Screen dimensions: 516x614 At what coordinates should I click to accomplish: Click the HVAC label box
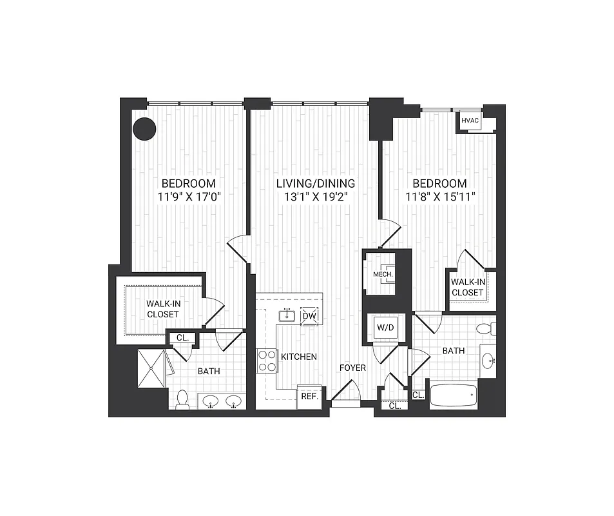pos(468,121)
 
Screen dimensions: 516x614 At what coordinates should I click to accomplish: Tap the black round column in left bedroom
pos(144,128)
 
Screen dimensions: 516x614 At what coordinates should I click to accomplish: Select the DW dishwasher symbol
pos(309,315)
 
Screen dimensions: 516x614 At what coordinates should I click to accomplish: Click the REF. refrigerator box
pos(309,396)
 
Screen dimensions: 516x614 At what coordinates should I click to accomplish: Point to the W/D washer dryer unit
pos(385,328)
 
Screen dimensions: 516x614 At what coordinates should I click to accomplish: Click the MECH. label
pos(383,275)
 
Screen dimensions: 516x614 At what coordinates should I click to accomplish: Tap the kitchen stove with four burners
pos(267,360)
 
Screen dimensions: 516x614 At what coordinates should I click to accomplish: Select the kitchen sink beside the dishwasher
pos(287,315)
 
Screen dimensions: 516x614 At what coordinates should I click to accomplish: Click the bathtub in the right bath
pos(452,395)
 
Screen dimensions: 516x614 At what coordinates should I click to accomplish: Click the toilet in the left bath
pos(182,399)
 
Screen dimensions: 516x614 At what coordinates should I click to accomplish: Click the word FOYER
pos(353,368)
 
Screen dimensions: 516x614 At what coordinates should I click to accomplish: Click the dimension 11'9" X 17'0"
pos(188,197)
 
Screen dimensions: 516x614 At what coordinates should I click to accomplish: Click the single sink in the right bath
pos(488,360)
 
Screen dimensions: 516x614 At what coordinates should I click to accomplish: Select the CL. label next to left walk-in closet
pos(182,337)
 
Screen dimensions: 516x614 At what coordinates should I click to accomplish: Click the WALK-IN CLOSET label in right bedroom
pos(467,287)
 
